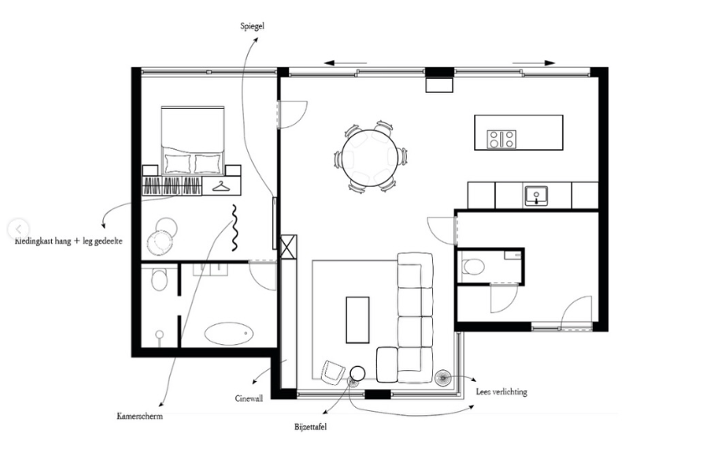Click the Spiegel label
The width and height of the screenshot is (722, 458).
(x=252, y=26)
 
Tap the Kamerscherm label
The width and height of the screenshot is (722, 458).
(x=140, y=416)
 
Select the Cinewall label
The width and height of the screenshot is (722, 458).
(x=249, y=399)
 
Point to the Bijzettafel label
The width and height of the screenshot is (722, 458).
(x=311, y=427)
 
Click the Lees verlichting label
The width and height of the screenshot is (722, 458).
(x=502, y=392)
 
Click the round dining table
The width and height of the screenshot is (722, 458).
(x=369, y=158)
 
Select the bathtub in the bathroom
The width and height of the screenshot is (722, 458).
(x=229, y=333)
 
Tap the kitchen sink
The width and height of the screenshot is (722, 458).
(x=536, y=196)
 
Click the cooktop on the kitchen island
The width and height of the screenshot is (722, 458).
(x=502, y=139)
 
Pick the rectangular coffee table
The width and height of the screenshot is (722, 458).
(x=358, y=320)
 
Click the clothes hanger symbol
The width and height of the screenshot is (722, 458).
(x=222, y=187)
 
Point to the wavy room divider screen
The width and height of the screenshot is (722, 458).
(x=235, y=228)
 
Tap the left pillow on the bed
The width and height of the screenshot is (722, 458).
(x=178, y=163)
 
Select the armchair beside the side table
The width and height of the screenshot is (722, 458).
(x=333, y=372)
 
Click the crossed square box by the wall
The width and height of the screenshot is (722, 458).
(x=289, y=247)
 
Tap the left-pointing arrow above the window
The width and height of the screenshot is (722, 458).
(x=345, y=63)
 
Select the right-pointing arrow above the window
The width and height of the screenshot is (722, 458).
(x=534, y=63)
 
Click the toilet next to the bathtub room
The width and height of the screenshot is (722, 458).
(x=159, y=280)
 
